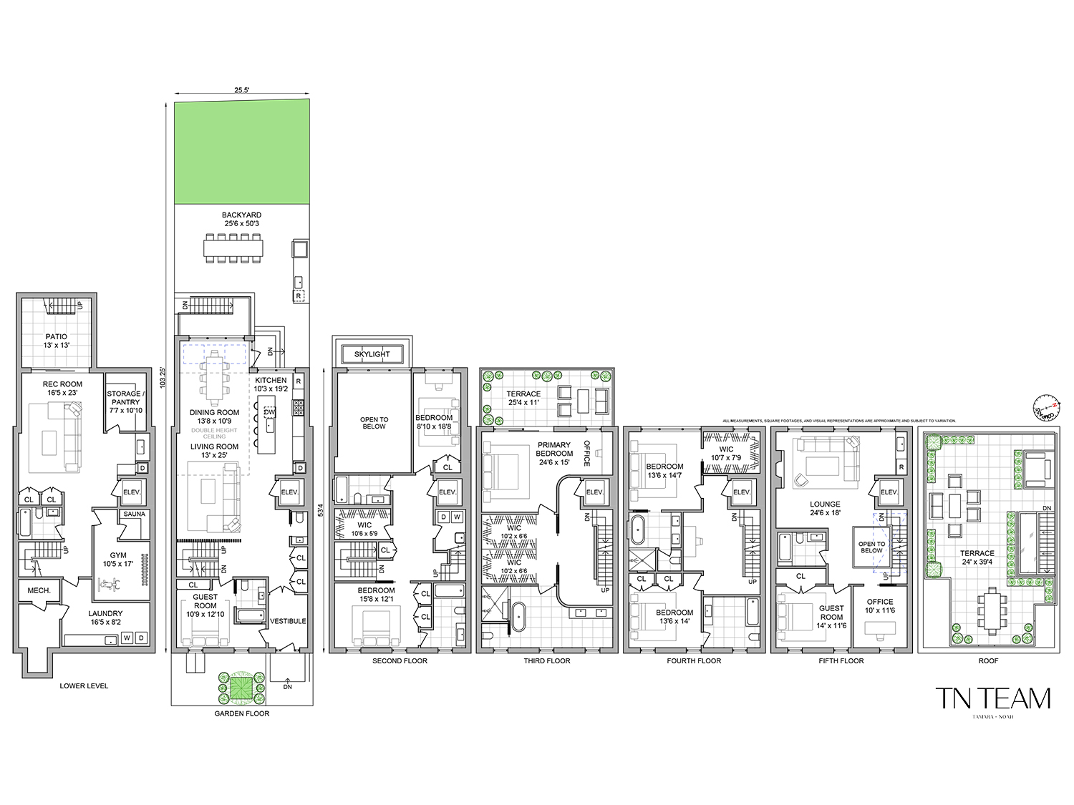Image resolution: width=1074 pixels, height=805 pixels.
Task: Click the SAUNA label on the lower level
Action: click(134, 514)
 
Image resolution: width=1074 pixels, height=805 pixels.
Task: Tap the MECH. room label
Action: click(39, 590)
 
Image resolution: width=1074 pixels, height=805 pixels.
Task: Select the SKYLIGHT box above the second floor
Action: click(372, 354)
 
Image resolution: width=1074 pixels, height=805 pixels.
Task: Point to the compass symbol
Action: click(1045, 406)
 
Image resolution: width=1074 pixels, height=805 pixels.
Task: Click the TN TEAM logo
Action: click(993, 698)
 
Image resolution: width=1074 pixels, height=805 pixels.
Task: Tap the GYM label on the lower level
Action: click(118, 555)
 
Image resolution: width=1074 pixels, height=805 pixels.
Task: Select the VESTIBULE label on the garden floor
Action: click(289, 621)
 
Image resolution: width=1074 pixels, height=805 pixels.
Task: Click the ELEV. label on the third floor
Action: click(595, 492)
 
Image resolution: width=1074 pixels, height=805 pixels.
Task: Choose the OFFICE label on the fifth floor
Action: click(880, 602)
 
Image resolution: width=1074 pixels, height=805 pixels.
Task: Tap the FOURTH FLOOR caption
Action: click(694, 660)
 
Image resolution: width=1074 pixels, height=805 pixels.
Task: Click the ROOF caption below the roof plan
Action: click(988, 660)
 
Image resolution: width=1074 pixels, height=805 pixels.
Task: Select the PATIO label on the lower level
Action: click(56, 336)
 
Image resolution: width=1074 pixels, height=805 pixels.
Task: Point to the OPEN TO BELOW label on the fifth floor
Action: click(871, 547)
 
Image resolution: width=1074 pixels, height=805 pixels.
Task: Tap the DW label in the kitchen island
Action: click(269, 413)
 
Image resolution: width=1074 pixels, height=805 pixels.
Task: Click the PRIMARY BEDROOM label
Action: click(554, 449)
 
